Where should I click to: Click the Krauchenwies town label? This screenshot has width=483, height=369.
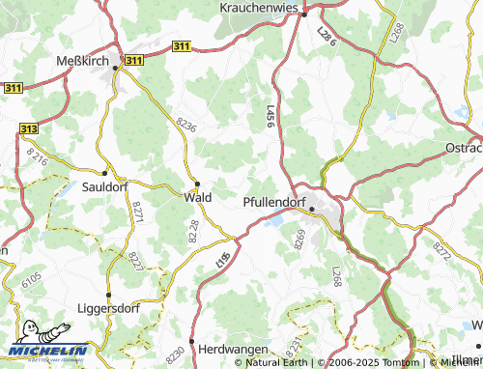[x=264, y=7]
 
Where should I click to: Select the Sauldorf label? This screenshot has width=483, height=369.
[x=105, y=187]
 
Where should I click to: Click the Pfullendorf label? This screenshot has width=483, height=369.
[x=280, y=204]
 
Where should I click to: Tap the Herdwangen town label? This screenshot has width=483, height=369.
[x=232, y=347]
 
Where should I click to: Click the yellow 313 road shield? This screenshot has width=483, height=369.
[x=29, y=128]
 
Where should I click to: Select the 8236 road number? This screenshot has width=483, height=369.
[x=185, y=126]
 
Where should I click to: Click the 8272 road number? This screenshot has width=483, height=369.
[x=442, y=251]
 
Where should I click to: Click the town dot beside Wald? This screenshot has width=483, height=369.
[x=197, y=183]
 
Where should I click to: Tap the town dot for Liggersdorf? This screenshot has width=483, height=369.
[x=109, y=295]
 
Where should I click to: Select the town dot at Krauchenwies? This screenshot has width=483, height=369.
[x=303, y=14]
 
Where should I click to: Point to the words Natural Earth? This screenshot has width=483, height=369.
[x=278, y=362]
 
